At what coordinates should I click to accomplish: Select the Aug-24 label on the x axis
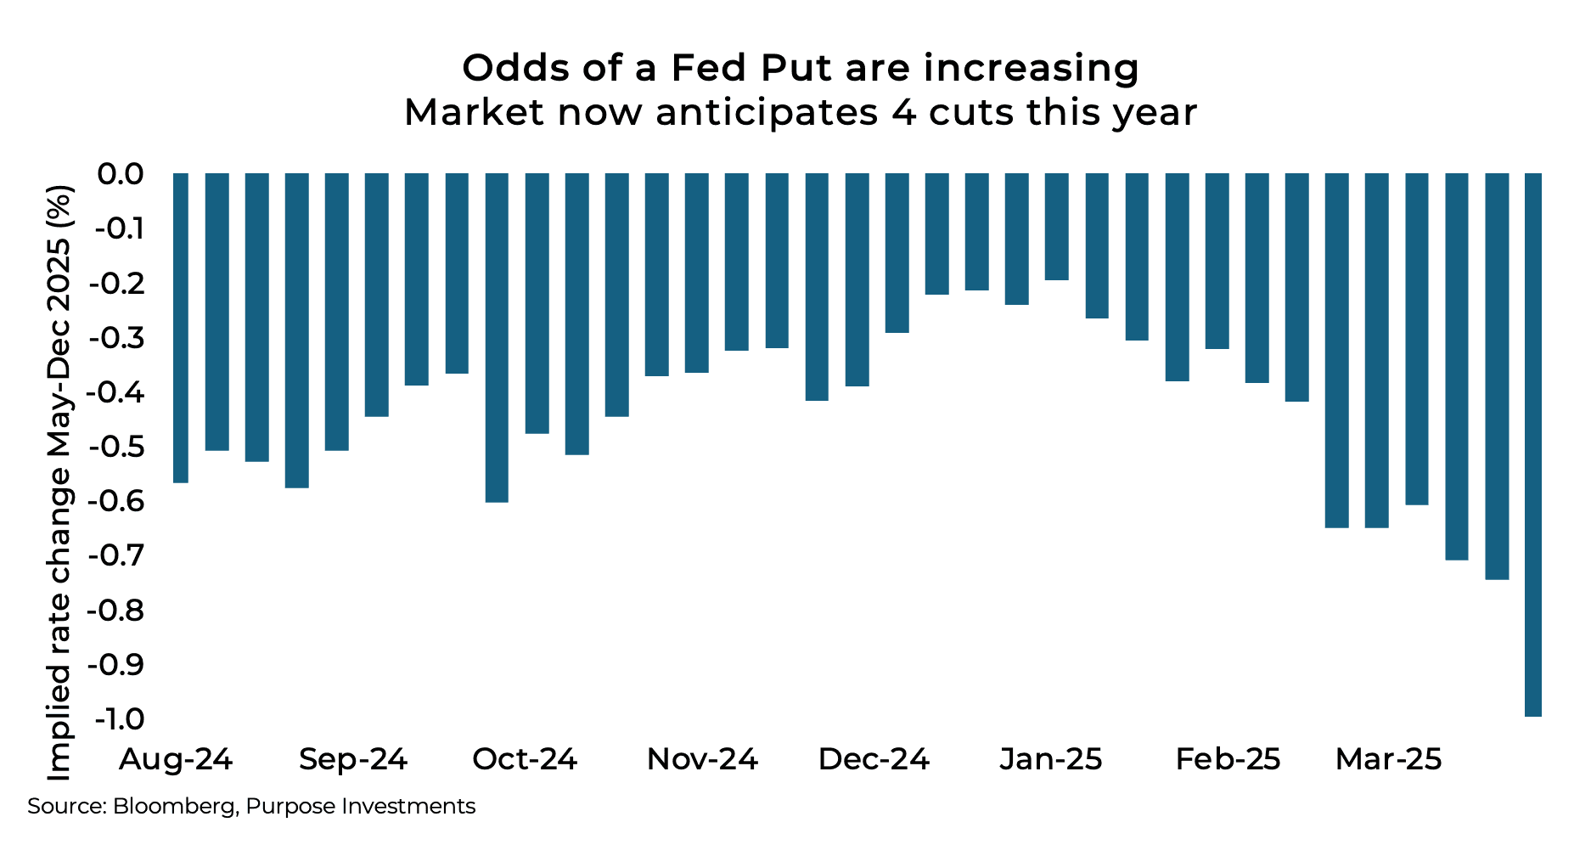point(176,759)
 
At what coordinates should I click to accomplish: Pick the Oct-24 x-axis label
point(525,759)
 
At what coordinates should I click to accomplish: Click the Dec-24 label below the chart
point(874,759)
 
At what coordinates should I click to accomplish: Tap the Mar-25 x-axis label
point(1389,759)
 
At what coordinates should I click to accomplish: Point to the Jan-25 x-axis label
point(1051,759)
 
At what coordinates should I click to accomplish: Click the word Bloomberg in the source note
point(174,807)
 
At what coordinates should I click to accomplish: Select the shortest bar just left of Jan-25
point(1056,227)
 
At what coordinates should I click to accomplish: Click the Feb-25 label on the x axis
point(1228,759)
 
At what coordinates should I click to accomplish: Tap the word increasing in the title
point(1032,68)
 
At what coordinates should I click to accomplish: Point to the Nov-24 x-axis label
point(702,759)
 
